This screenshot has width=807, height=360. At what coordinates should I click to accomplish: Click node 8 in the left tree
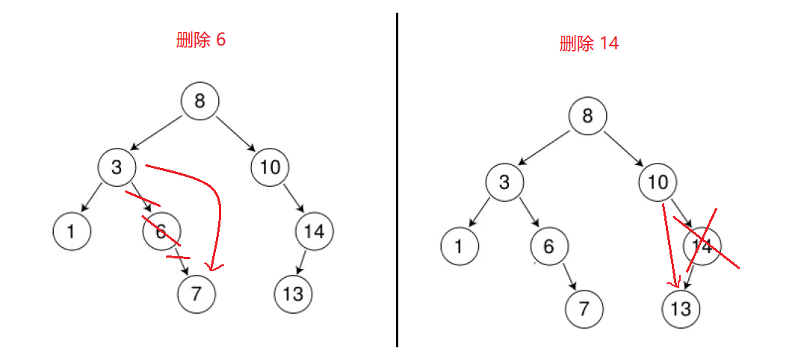(x=200, y=101)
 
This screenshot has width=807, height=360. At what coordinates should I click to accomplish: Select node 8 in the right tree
(x=587, y=116)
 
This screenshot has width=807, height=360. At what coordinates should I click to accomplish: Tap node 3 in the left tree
(x=117, y=167)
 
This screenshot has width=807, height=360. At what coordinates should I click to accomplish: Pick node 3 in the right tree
(x=504, y=181)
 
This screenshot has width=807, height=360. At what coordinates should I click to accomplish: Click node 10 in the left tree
(x=270, y=167)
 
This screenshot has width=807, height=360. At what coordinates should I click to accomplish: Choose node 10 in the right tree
(x=658, y=181)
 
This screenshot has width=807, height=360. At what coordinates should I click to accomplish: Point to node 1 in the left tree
(x=71, y=232)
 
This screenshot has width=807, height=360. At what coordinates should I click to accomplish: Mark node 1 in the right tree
(x=459, y=246)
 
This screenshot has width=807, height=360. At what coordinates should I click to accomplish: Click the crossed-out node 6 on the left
(x=161, y=232)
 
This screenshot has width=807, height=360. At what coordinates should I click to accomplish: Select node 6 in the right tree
(x=549, y=246)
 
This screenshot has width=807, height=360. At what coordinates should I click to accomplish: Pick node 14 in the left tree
(x=314, y=232)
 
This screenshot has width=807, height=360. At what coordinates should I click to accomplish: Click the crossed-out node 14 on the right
(x=702, y=246)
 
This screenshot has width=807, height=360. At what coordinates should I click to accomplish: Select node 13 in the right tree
(x=681, y=308)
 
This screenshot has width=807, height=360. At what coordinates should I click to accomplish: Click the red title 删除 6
(x=200, y=40)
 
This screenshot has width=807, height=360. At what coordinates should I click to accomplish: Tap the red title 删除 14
(x=589, y=43)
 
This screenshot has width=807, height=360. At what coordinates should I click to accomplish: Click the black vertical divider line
(x=397, y=179)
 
